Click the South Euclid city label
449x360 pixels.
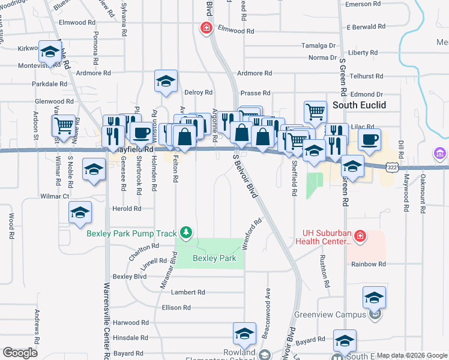[359, 105]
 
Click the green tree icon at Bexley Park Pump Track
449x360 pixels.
[186, 232]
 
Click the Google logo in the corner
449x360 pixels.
[20, 353]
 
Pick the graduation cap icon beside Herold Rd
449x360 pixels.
[79, 212]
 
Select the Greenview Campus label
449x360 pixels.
[338, 314]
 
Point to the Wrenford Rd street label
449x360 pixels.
[253, 229]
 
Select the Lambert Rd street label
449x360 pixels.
[188, 292]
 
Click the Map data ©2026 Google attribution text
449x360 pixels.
[411, 355]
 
